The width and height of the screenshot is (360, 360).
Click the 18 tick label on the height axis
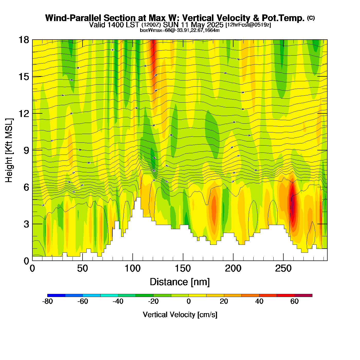(23, 40)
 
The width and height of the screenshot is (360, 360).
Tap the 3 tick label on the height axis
(26, 224)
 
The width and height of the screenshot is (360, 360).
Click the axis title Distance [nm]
(180, 282)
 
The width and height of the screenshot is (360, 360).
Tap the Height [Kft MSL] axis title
(9, 150)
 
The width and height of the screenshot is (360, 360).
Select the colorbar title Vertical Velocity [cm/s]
(180, 315)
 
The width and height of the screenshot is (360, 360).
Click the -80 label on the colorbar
(47, 302)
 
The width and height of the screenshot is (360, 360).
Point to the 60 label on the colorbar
(294, 302)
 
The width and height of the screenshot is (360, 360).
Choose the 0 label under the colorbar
(188, 302)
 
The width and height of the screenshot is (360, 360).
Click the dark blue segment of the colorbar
(56, 295)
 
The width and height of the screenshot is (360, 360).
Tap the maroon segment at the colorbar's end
(303, 295)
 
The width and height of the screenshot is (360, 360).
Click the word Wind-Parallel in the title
(74, 18)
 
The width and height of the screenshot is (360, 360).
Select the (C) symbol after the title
(311, 18)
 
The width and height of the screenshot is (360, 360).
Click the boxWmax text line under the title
(180, 30)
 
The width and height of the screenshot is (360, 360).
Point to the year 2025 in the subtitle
(215, 25)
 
